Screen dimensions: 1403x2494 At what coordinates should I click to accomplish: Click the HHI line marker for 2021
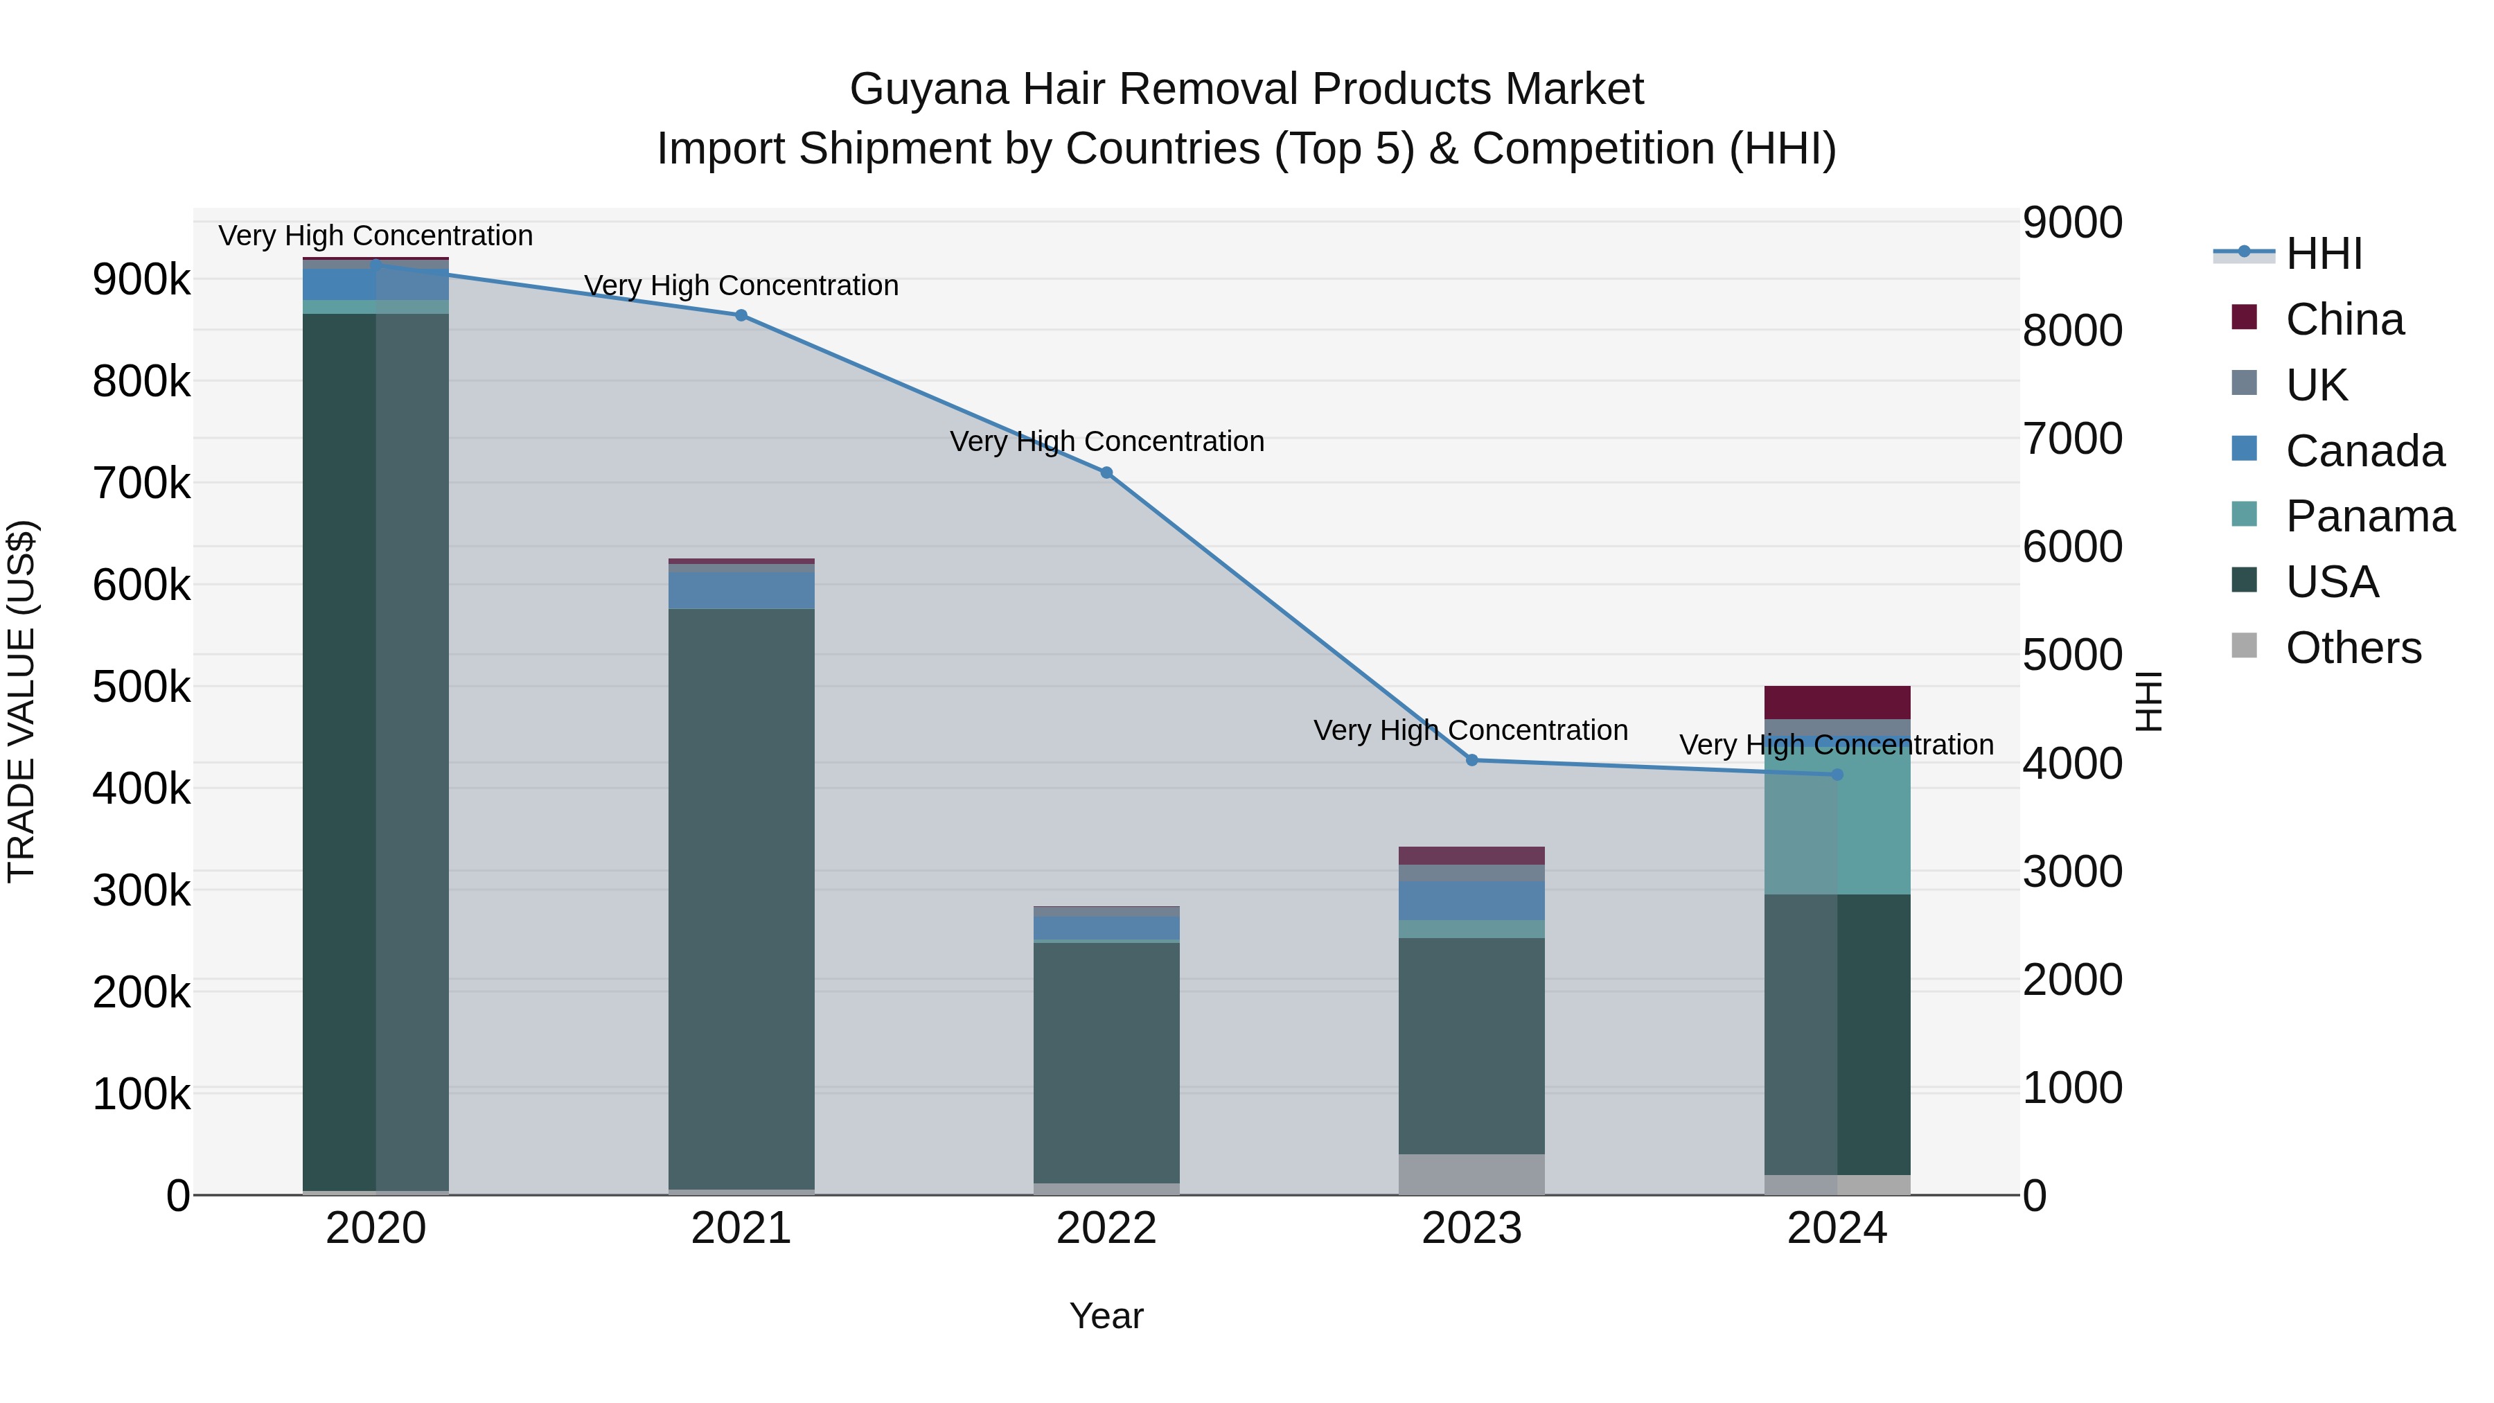pos(741,315)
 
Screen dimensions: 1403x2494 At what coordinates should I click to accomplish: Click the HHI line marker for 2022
pos(1106,473)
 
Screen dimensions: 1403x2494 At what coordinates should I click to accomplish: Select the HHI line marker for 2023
pos(1471,760)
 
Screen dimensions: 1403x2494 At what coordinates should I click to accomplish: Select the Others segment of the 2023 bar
pos(1471,1174)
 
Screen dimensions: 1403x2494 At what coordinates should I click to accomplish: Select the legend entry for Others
pos(2353,648)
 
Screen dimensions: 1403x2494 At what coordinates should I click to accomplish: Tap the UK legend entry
pos(2316,385)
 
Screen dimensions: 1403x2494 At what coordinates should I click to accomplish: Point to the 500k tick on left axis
pos(141,687)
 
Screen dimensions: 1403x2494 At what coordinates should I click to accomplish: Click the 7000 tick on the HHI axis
pos(2072,439)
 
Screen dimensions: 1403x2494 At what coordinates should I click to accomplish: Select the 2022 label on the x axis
pos(1106,1228)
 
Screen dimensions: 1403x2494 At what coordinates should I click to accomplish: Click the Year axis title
pos(1106,1316)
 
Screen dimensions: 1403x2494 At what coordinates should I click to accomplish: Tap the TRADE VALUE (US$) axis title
pos(21,701)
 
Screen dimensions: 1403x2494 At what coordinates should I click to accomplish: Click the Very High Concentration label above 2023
pos(1469,730)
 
